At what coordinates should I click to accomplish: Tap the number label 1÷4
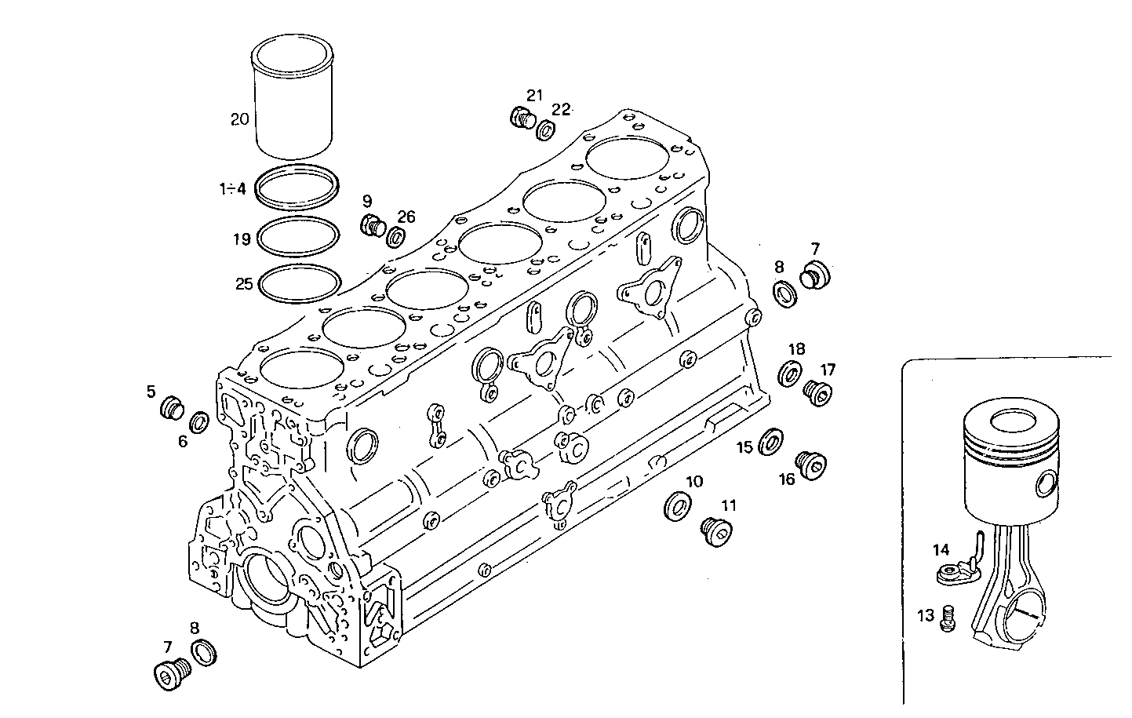coord(232,188)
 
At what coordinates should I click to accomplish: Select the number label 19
coord(241,239)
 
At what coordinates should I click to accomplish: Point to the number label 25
coord(244,283)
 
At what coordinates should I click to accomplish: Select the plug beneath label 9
coord(372,225)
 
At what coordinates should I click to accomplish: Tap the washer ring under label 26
coord(397,236)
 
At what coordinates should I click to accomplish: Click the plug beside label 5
coord(171,409)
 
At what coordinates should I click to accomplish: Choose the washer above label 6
coord(199,422)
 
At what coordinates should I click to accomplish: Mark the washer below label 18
coord(791,374)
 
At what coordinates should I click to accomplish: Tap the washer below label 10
coord(675,506)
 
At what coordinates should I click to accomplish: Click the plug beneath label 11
coord(715,532)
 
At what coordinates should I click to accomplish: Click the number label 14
coord(941,549)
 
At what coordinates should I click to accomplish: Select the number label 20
coord(239,119)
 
